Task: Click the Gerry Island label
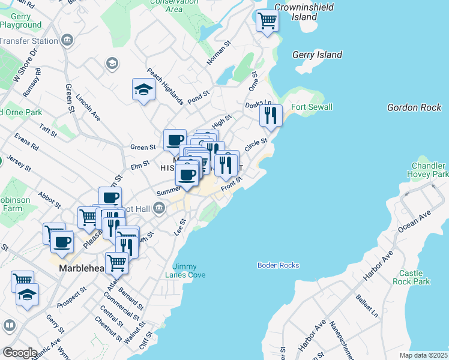point(317,55)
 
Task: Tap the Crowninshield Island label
point(295,12)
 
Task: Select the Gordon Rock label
point(414,107)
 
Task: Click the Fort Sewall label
point(312,107)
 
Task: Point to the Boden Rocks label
point(278,265)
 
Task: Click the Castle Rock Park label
point(412,277)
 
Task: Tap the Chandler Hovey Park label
point(429,170)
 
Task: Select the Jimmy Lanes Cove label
point(188,271)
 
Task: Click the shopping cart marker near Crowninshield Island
point(267,21)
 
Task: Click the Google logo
point(20,352)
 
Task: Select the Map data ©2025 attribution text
point(424,355)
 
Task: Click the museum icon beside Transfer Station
point(67,40)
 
